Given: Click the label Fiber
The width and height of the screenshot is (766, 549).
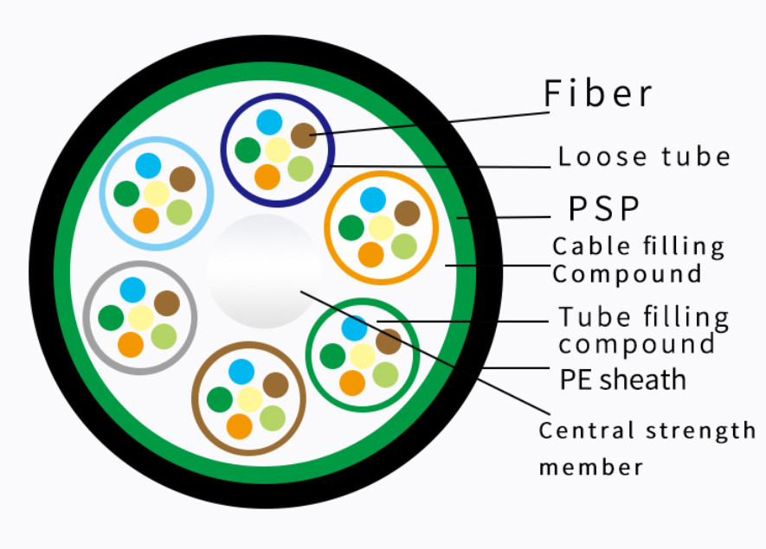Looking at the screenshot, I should point(598,93).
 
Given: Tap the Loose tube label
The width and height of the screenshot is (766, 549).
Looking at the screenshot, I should point(644,156).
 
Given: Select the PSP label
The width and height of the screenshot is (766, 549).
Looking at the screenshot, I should point(604,208).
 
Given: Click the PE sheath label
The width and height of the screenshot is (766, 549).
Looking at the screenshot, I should point(622,380).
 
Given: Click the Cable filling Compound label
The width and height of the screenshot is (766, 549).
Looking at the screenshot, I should point(639,259).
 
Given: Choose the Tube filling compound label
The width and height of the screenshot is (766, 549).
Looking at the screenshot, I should point(643,330).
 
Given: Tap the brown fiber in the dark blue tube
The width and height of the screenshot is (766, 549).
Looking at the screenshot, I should point(303,135).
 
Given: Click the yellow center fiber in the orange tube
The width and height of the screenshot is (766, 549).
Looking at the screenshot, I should point(381,227).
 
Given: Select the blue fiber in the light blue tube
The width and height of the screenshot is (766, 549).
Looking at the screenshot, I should point(148,165).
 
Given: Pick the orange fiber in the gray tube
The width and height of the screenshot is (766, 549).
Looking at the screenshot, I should point(131,345).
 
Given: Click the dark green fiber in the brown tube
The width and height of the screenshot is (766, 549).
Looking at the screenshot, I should point(220,399).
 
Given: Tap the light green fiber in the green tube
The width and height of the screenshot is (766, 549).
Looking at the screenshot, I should point(385,374).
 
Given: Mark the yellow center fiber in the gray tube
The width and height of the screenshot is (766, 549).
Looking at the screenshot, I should point(140,317).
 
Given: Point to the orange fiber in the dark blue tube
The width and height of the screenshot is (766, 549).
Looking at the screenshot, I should point(267,176).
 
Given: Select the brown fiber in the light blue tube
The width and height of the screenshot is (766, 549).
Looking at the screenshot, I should point(183,179).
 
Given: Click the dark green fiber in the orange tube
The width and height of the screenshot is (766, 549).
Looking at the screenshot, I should point(351,227).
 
